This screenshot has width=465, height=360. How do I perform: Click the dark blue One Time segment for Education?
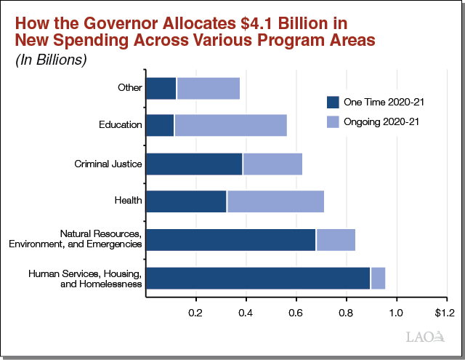pos(160,125)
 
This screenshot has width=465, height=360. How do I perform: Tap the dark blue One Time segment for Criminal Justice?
pos(194,164)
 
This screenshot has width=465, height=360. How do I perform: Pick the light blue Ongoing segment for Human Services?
pos(378,278)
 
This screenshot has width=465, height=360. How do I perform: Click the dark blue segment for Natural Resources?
pos(230,239)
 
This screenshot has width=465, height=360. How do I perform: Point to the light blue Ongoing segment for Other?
pos(208,88)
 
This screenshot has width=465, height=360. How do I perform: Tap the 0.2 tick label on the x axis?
pos(195,313)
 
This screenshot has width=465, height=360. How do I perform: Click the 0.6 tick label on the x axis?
pos(296,313)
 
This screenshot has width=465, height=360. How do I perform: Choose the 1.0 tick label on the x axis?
pos(396,313)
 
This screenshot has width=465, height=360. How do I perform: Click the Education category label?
pos(121,125)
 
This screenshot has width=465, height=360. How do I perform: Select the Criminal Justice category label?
pos(108,164)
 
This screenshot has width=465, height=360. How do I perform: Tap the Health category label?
pos(129,201)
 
